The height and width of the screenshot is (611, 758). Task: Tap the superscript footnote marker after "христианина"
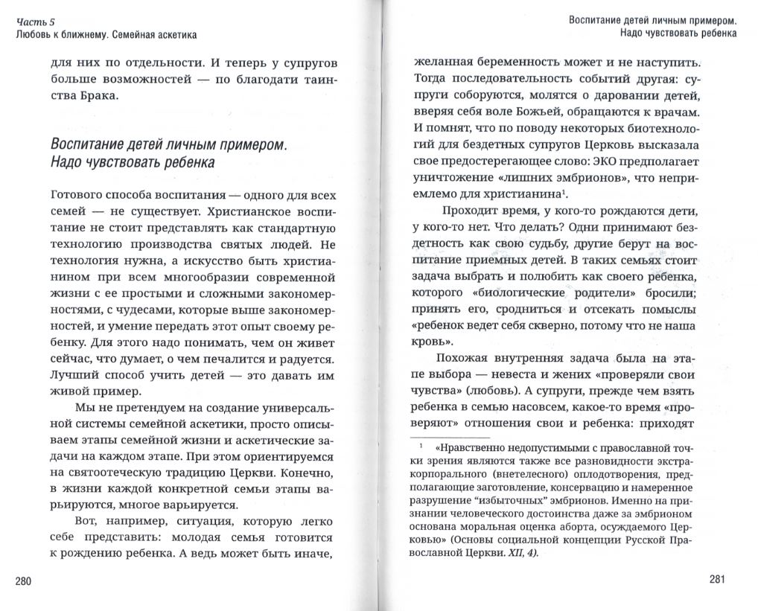[567, 193]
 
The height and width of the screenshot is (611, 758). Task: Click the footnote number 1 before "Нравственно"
[421, 447]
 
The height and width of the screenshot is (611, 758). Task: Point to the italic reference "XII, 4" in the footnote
[518, 554]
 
